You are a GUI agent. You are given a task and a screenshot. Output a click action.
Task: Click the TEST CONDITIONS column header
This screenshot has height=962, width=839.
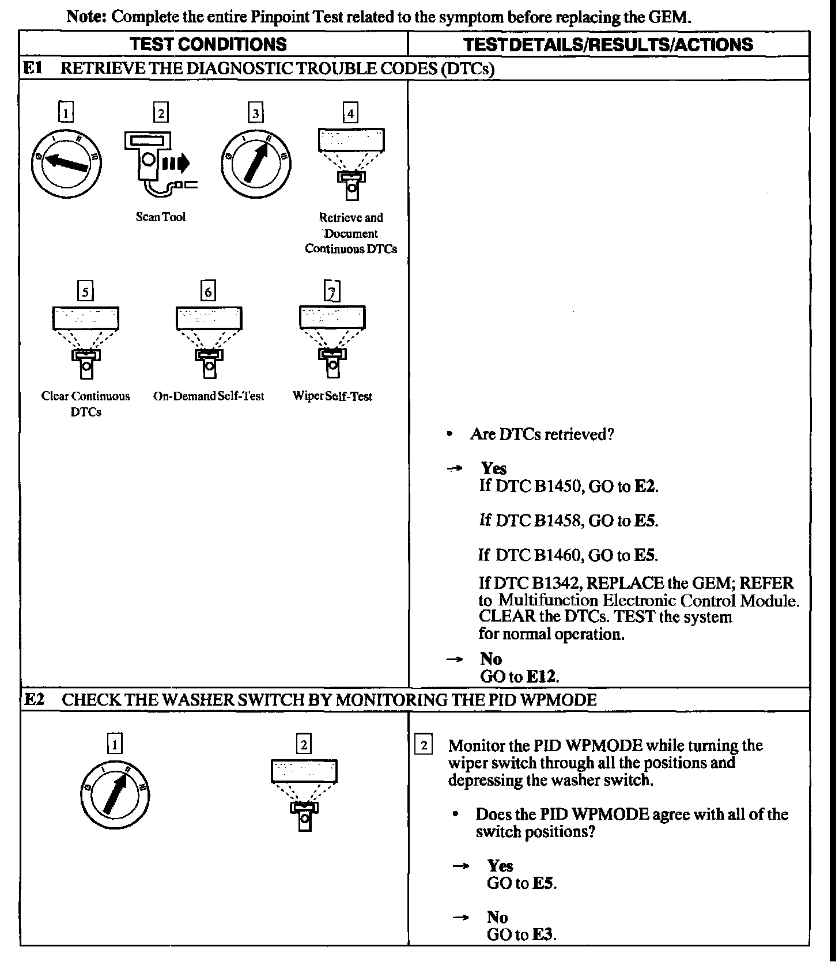click(208, 44)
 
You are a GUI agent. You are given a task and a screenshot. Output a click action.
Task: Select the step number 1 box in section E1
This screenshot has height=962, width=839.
click(66, 113)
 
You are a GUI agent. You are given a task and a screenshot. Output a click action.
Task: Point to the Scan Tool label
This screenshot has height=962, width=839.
click(161, 217)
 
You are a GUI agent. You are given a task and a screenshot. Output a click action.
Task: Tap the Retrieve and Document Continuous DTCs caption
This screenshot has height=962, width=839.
click(351, 233)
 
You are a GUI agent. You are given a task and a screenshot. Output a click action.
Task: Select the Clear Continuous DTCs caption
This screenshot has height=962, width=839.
click(85, 404)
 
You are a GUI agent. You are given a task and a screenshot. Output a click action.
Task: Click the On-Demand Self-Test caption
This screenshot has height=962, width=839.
click(209, 396)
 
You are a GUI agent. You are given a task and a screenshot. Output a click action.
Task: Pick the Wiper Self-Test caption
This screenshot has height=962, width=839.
click(332, 396)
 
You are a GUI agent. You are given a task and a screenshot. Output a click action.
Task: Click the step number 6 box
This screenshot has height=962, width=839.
click(209, 291)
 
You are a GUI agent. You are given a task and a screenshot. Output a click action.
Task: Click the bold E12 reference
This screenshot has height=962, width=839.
click(543, 676)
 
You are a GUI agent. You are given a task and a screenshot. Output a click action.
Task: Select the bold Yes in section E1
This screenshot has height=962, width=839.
click(494, 468)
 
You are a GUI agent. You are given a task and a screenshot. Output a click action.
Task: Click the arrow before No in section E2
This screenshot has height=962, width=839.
click(460, 917)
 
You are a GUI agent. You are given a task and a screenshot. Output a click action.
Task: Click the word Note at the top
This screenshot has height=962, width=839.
click(86, 16)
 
